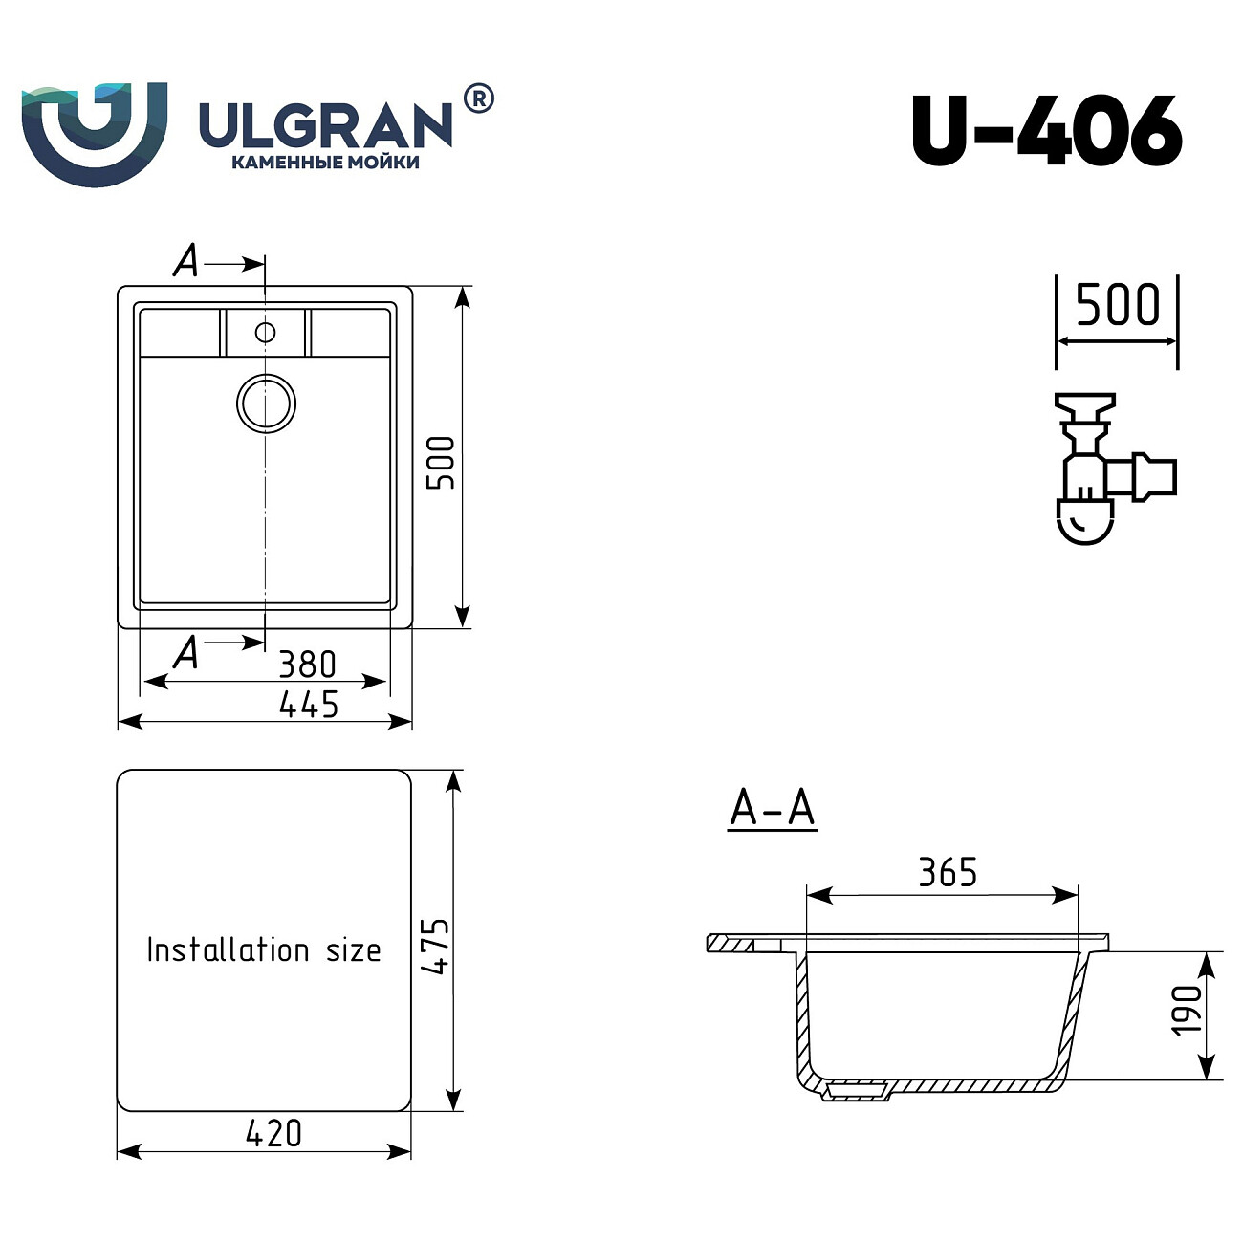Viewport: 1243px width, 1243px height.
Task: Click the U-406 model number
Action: pyautogui.click(x=1047, y=131)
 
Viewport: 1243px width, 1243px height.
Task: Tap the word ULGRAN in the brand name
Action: pyautogui.click(x=325, y=124)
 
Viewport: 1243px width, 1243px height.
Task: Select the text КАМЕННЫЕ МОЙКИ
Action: pyautogui.click(x=325, y=163)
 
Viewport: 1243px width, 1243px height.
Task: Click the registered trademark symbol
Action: pyautogui.click(x=478, y=98)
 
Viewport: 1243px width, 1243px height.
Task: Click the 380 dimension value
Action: pyautogui.click(x=307, y=664)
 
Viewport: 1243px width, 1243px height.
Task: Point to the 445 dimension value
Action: pyautogui.click(x=309, y=705)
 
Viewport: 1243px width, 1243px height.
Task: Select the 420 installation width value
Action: pyautogui.click(x=273, y=1133)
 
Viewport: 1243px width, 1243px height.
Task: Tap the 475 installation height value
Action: pyautogui.click(x=435, y=946)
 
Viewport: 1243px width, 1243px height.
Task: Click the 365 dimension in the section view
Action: pyautogui.click(x=948, y=872)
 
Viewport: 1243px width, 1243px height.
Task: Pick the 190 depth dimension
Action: pyautogui.click(x=1186, y=1010)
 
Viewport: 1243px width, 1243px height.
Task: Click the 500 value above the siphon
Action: pyautogui.click(x=1117, y=305)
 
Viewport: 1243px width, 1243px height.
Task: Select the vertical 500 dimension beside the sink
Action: pyautogui.click(x=441, y=463)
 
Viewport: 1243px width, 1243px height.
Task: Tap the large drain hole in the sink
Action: pyautogui.click(x=266, y=403)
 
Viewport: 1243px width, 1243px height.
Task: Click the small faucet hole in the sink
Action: pyautogui.click(x=265, y=332)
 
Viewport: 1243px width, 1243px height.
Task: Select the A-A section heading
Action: pyautogui.click(x=772, y=808)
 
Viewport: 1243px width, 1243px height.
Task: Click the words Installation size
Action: pyautogui.click(x=264, y=949)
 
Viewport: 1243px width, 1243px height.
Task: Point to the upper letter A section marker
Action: pyautogui.click(x=186, y=260)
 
